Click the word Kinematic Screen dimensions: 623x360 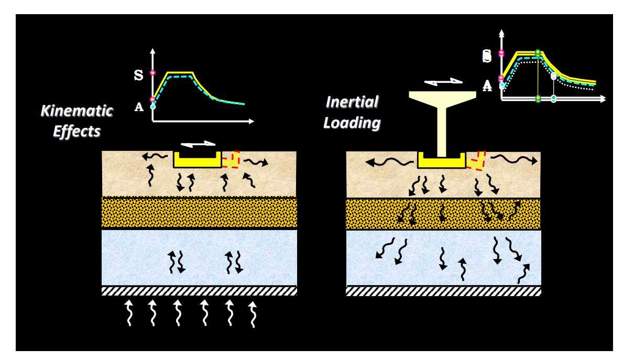(77, 111)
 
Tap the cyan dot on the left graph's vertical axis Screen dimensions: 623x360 (153, 106)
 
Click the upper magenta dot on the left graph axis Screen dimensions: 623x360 (153, 72)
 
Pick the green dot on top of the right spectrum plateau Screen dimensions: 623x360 (538, 52)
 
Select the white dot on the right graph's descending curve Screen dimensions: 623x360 (553, 77)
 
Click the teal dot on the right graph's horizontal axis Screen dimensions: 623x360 (553, 99)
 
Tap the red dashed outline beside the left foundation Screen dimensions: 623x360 (231, 159)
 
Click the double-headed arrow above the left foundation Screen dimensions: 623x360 (198, 143)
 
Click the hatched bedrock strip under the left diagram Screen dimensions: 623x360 (199, 291)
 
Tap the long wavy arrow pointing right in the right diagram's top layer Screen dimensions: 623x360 (513, 159)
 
